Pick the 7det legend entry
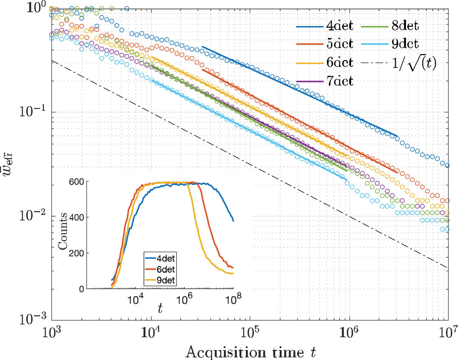pyautogui.click(x=340, y=81)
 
